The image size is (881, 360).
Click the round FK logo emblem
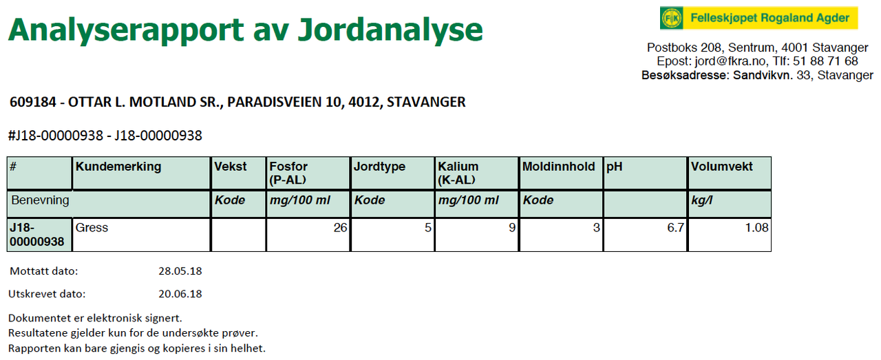pos(671,18)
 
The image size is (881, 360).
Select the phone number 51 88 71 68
pos(825,61)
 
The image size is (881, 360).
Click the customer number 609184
pos(33,102)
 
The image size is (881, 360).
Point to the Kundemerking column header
pos(118,167)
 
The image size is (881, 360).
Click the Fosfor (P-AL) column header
pos(288,173)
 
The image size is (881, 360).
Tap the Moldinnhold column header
pos(558,167)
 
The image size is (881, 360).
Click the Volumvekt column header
pos(722,167)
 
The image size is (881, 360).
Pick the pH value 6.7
pos(675,227)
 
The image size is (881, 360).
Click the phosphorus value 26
pos(340,227)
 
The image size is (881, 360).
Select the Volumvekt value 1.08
pos(756,227)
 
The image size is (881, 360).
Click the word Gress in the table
pos(92,227)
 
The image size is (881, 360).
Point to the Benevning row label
pos(40,200)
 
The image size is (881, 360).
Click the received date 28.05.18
pos(180,271)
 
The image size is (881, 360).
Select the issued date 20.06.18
pos(180,294)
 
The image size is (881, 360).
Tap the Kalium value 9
pos(512,227)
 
